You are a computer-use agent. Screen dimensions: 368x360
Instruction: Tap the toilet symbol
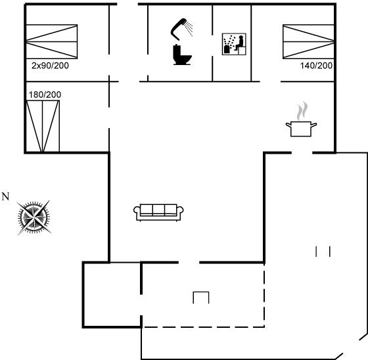[x=182, y=55]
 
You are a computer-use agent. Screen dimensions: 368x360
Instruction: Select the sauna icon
[x=234, y=44]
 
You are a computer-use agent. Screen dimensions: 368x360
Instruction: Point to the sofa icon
[x=158, y=212]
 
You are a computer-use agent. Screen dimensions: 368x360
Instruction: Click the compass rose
[x=34, y=217]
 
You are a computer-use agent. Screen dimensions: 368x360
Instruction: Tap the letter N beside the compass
[x=5, y=196]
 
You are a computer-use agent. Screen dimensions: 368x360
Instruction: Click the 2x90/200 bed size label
[x=50, y=66]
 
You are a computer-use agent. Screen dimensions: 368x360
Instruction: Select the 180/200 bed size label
[x=45, y=95]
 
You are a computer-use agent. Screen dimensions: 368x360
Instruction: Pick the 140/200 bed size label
[x=316, y=66]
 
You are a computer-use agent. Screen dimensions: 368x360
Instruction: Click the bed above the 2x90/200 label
[x=52, y=41]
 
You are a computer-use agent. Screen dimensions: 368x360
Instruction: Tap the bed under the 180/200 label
[x=43, y=126]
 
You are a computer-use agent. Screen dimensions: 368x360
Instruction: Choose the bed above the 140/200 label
[x=308, y=41]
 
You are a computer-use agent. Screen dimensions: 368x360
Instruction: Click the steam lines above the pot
[x=302, y=111]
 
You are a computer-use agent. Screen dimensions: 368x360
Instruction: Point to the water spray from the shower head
[x=189, y=29]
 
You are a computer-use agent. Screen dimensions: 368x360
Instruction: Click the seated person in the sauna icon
[x=240, y=43]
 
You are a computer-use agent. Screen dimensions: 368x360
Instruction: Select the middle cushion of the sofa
[x=158, y=209]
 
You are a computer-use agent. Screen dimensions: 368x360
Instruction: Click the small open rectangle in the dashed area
[x=201, y=292]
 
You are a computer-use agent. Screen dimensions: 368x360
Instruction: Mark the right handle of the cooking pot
[x=314, y=125]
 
